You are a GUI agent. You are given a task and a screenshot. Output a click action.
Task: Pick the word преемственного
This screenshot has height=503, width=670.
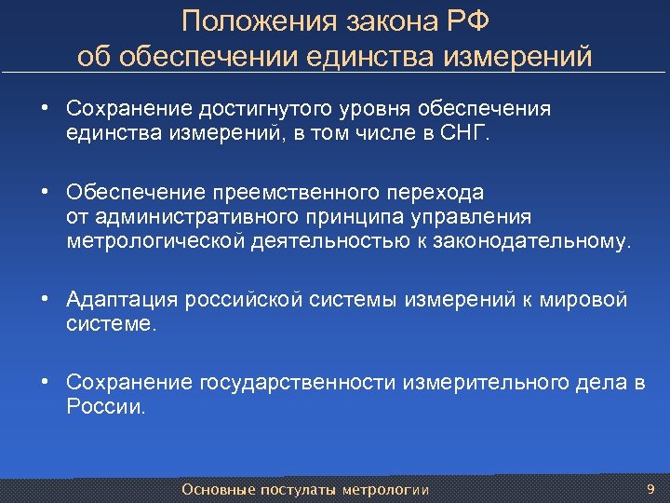[x=298, y=193]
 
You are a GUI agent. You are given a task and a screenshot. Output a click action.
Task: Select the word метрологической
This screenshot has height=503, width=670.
[x=156, y=241]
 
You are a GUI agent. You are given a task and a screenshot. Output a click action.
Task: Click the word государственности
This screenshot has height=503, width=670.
[x=298, y=383]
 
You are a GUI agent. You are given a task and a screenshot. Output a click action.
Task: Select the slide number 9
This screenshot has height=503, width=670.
[x=650, y=489]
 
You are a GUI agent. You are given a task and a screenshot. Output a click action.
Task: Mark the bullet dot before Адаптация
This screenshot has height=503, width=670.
[x=45, y=300]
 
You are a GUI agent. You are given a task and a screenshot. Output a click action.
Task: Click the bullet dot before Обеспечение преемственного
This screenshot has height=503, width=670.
[x=45, y=193]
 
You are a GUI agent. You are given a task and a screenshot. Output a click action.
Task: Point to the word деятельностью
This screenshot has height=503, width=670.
[x=331, y=241]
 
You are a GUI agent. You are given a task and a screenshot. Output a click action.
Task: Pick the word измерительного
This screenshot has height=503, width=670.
[x=490, y=383]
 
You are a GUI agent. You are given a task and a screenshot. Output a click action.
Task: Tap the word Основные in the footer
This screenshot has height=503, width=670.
[x=212, y=490]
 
